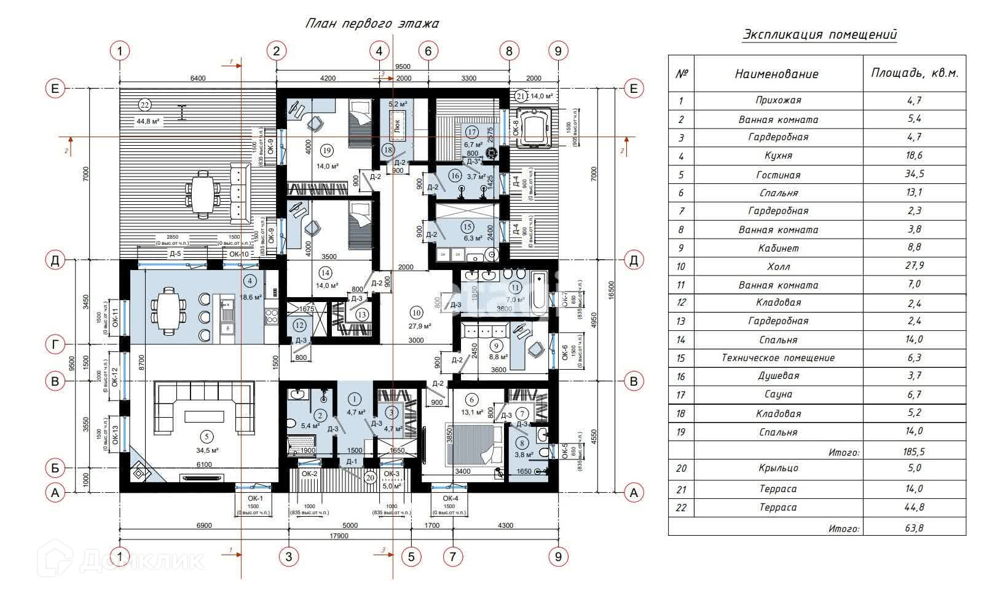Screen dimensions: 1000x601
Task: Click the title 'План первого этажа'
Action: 372,24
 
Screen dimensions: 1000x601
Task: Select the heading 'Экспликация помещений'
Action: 819,34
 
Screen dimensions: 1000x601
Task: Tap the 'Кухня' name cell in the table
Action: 778,156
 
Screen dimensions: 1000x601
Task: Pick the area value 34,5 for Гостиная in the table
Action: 914,174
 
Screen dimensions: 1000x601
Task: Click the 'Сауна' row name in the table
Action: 778,394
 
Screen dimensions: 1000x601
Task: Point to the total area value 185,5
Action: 914,452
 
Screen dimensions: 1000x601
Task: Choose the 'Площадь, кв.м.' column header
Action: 914,73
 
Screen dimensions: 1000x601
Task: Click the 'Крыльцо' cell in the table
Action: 778,468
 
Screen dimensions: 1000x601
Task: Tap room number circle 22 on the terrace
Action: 145,103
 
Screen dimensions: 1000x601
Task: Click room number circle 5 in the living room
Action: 208,437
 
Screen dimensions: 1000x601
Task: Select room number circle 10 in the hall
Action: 417,311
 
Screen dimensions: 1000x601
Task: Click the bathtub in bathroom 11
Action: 538,293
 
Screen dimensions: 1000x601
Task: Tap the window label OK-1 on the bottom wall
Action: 255,498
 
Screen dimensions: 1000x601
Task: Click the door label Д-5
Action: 175,253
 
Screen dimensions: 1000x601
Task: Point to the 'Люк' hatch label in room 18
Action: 398,129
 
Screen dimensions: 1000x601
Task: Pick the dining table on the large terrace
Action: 202,194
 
